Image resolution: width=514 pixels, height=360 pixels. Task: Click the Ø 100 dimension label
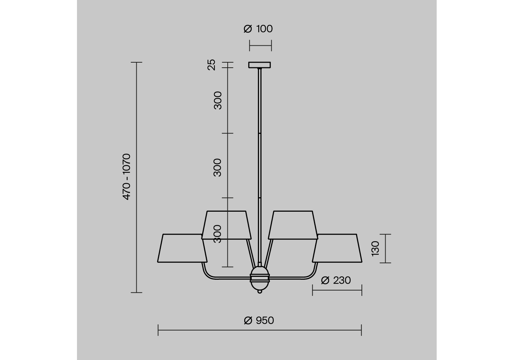(x=258, y=29)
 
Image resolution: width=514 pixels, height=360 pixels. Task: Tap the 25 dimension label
(x=211, y=65)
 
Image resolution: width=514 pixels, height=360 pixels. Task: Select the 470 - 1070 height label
(x=127, y=177)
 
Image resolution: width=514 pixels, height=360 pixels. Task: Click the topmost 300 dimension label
(x=218, y=100)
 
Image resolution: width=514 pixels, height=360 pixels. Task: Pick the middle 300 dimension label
(x=218, y=167)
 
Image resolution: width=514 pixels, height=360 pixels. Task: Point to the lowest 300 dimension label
(x=218, y=234)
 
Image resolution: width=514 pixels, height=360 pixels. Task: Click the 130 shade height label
(x=376, y=249)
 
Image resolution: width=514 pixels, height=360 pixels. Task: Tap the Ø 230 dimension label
(x=336, y=280)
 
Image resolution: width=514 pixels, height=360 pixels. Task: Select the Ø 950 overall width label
(x=259, y=320)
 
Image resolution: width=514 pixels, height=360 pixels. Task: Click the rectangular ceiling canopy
(x=260, y=65)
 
